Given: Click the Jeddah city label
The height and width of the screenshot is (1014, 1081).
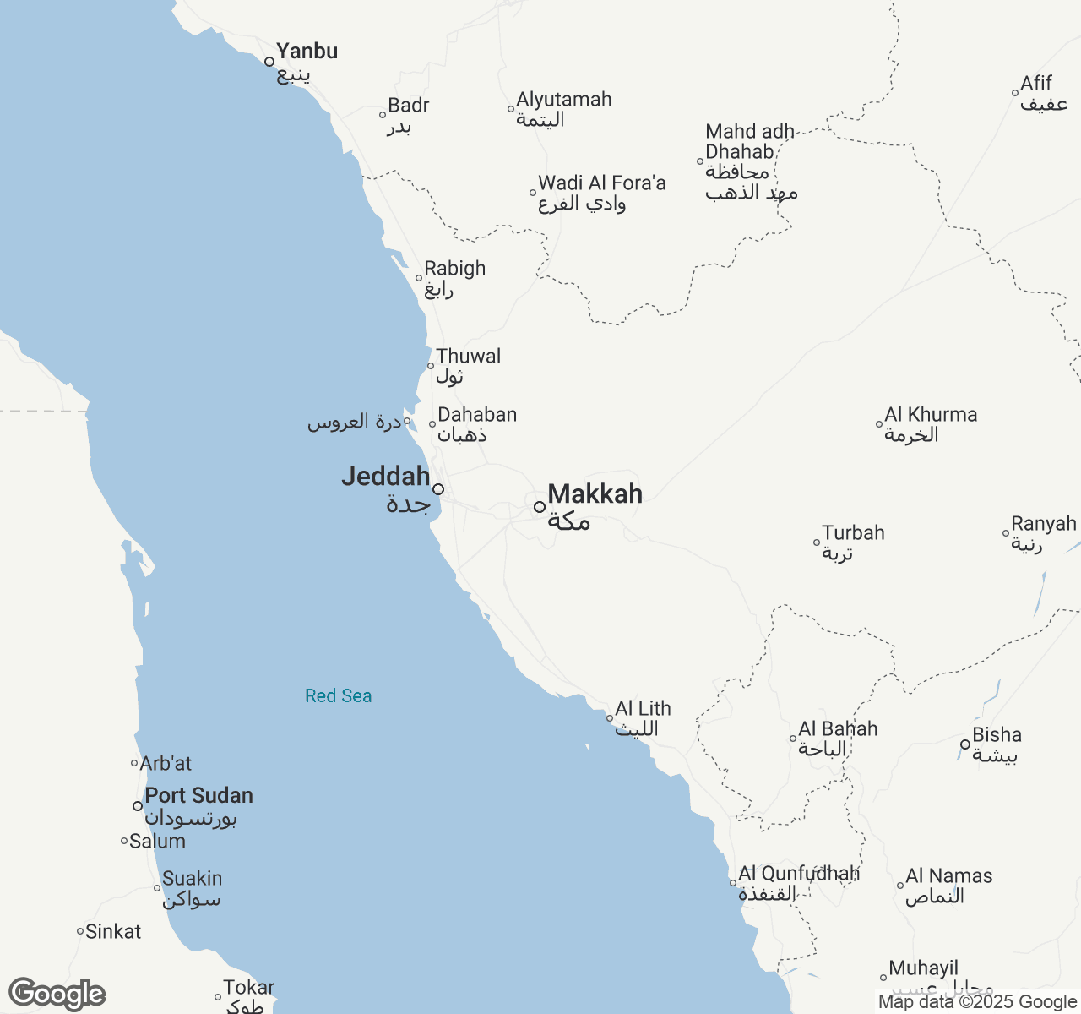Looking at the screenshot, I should pos(386,477).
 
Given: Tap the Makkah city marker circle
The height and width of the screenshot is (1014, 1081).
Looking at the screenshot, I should pos(540,507).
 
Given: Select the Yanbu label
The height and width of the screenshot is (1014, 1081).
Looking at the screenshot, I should pos(307,52).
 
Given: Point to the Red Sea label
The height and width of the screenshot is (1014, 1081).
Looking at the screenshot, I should pos(339,695).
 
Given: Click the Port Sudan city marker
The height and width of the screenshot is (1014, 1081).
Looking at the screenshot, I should pos(138,806).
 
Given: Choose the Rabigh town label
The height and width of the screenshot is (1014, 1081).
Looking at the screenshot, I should pos(454,269).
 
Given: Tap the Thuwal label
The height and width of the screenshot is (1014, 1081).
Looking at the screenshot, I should pos(468,357).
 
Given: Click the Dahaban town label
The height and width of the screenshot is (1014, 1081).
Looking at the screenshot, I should pos(477,415).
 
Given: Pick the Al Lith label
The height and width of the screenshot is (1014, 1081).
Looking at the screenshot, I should pos(643,709).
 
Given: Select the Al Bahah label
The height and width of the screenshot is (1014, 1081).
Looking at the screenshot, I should pos(838,729).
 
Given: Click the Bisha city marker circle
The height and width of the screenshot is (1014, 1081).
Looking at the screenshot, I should pos(965,744).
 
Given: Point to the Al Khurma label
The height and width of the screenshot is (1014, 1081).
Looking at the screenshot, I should pos(931,415).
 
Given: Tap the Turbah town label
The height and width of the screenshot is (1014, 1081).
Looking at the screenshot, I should pos(853,533).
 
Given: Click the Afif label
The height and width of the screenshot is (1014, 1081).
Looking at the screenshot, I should pos(1036,84).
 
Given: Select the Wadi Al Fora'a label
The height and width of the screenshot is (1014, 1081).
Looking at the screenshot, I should pos(601,183).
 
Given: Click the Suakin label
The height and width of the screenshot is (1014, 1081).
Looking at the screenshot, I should pos(192,879).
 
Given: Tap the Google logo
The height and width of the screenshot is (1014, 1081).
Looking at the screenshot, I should pos(57,995).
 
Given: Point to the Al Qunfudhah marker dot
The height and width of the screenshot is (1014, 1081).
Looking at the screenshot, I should pos(733,883).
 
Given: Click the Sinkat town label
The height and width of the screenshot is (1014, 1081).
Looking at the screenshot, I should pos(113,932).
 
